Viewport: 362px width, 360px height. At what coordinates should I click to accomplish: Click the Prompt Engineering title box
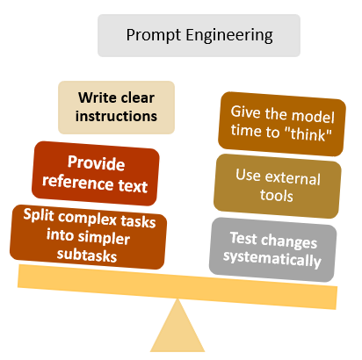click(x=199, y=36)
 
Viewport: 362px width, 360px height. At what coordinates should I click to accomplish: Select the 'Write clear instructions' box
click(x=116, y=105)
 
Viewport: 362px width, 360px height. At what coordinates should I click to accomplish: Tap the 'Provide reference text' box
click(x=96, y=173)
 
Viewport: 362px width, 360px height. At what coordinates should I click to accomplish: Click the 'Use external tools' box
click(x=277, y=187)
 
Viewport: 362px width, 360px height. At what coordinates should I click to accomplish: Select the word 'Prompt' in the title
click(x=150, y=36)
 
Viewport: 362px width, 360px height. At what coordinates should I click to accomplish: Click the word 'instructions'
click(x=116, y=115)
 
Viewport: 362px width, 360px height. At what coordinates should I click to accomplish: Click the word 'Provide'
click(x=97, y=162)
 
